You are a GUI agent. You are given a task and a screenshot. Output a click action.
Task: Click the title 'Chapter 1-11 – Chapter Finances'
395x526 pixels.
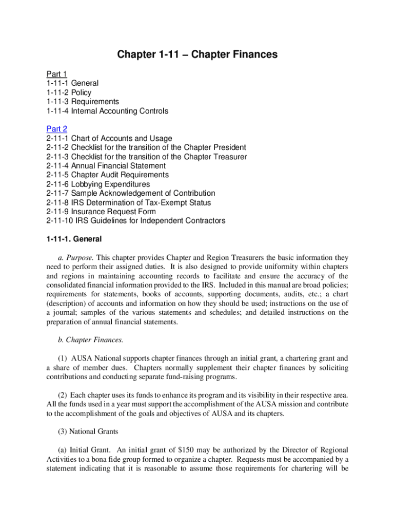197,54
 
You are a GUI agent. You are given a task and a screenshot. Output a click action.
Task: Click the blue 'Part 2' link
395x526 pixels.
56,129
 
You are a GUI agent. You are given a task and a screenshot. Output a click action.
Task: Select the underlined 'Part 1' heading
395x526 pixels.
56,74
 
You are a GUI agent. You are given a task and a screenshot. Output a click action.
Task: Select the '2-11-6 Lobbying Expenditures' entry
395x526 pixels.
98,184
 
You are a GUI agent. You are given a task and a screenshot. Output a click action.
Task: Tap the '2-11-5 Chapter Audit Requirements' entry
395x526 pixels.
107,175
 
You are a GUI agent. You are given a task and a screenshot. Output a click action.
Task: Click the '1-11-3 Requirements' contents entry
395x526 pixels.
82,102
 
